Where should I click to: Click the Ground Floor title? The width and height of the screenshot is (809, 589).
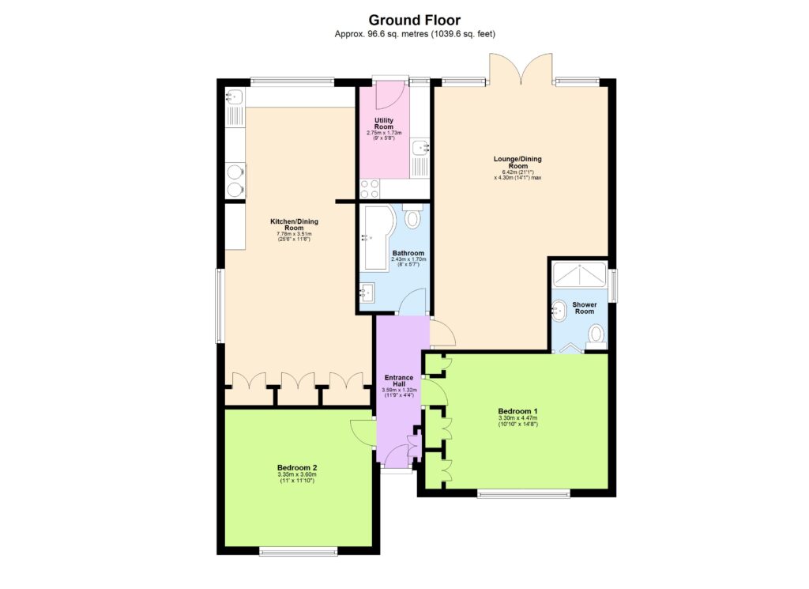point(415,20)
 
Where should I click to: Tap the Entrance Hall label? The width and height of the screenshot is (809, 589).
point(399,381)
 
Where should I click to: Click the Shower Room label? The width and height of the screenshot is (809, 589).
point(585,308)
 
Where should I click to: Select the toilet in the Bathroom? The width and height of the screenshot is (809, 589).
point(412,217)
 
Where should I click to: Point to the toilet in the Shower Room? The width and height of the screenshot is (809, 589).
point(596,336)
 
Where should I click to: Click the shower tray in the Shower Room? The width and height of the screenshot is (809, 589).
point(581,274)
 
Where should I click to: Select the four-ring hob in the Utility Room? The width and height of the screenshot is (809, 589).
point(370,189)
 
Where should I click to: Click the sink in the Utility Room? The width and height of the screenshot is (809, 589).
point(420,147)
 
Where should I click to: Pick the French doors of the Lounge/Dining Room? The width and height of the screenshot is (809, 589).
point(521,68)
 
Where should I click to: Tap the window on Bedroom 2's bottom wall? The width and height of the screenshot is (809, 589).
point(298,551)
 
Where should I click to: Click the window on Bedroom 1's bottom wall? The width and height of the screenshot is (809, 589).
point(523,494)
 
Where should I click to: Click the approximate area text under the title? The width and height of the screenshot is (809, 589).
point(415,35)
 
